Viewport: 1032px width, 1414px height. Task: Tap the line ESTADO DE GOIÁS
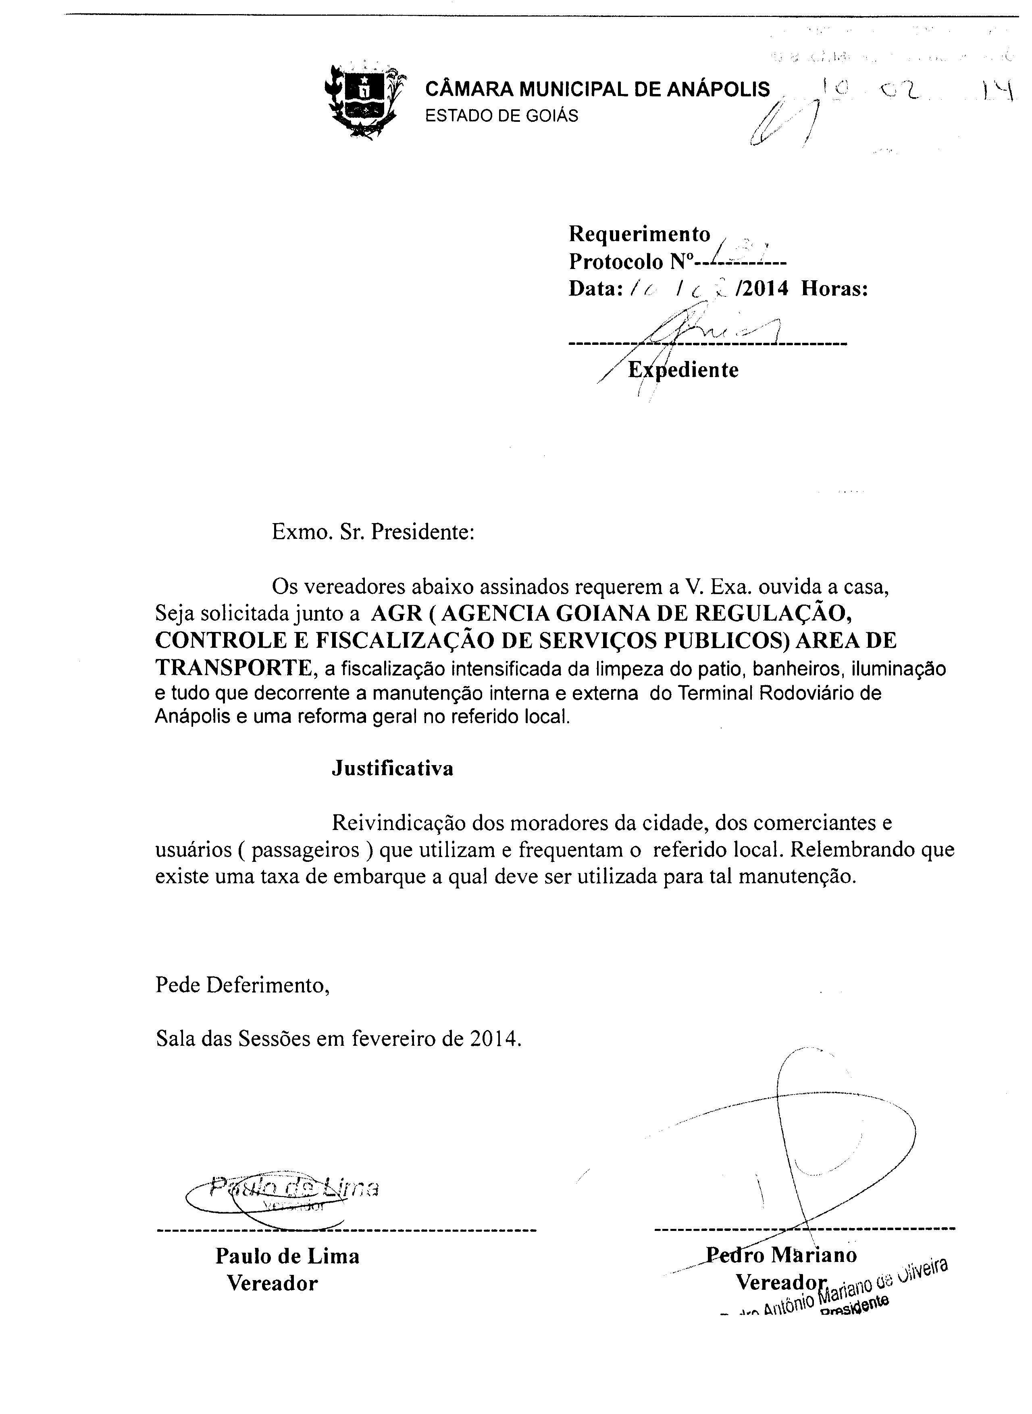(x=501, y=116)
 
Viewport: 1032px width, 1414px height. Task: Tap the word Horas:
(x=834, y=289)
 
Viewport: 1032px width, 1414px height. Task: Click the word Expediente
(x=683, y=370)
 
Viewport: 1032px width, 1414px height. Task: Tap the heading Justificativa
(x=392, y=767)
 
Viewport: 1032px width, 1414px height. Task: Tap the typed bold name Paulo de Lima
(x=287, y=1256)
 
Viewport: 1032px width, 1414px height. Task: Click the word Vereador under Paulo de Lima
(x=273, y=1283)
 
